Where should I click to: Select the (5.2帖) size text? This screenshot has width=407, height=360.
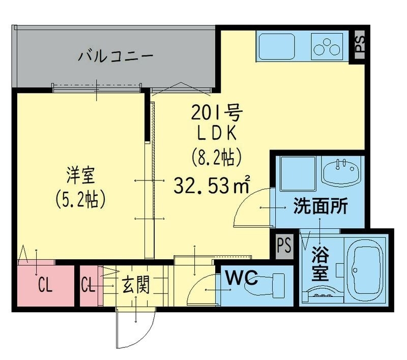[x=80, y=200]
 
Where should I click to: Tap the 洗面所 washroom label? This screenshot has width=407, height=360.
[x=321, y=206]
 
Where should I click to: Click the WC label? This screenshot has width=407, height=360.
[x=242, y=279]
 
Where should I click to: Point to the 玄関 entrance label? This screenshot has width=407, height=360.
[x=135, y=285]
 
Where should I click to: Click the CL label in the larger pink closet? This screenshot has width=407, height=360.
[x=45, y=286]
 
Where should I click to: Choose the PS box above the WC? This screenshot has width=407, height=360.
[x=284, y=246]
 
